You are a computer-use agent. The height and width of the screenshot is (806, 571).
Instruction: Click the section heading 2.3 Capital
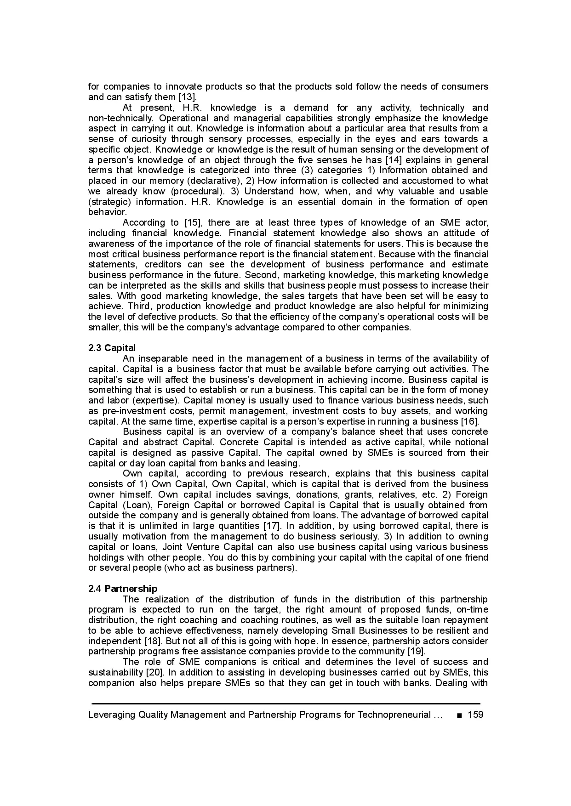[112, 348]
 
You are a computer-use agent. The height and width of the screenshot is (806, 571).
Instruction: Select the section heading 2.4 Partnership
[123, 589]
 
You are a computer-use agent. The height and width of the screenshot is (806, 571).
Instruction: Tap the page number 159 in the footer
[475, 715]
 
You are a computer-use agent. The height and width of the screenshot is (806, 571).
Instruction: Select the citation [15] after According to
[193, 223]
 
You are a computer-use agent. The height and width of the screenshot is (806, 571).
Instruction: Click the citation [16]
[470, 421]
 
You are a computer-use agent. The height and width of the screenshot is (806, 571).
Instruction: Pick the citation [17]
[271, 526]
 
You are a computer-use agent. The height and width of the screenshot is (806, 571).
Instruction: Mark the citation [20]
[156, 673]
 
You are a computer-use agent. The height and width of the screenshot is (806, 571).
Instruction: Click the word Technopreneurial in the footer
[394, 715]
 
